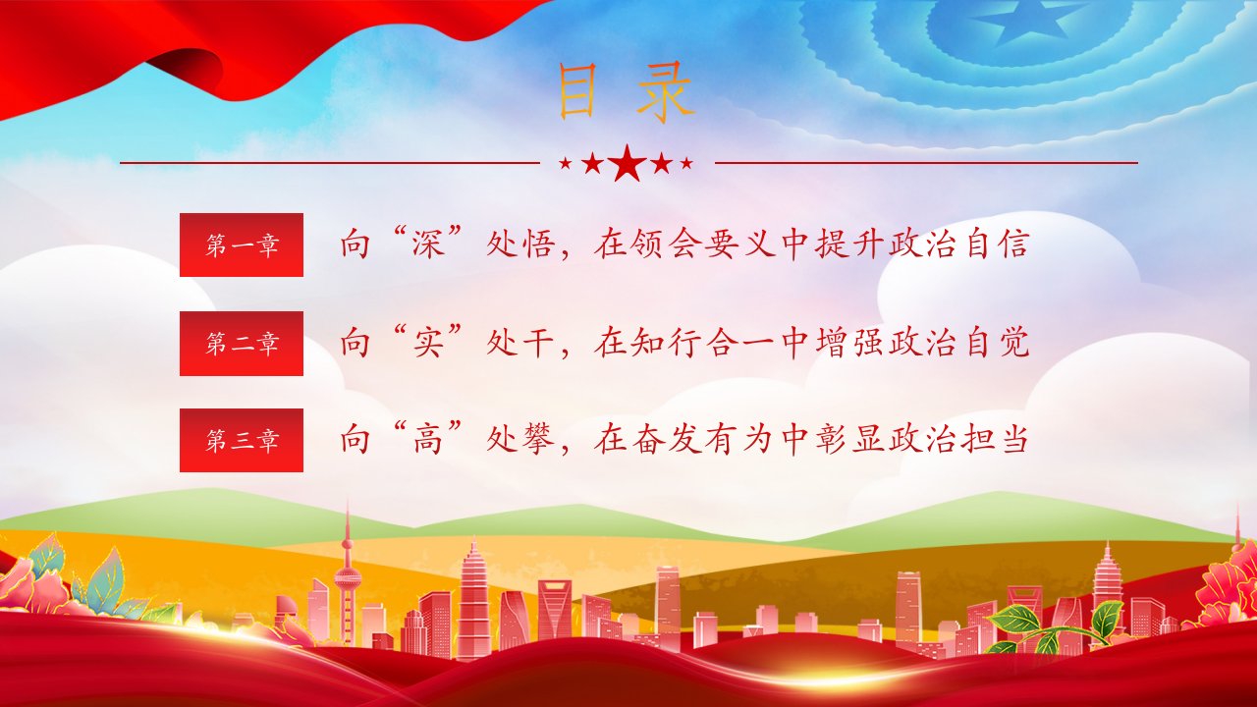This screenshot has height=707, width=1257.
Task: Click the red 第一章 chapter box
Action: tap(242, 245)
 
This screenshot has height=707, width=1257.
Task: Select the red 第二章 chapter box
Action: tap(242, 344)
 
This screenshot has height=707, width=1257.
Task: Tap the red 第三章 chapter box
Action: tap(242, 441)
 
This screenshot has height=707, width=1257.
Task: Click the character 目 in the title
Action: tap(576, 92)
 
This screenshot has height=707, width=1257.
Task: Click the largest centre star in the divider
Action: tap(627, 163)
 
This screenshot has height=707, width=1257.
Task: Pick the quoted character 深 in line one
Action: tap(429, 244)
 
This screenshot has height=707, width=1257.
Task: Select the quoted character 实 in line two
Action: tap(429, 343)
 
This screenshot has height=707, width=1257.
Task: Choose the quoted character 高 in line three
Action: tap(429, 439)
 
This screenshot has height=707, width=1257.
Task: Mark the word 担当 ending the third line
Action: tap(995, 439)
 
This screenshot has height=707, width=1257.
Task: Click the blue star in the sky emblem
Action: tap(1018, 23)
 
